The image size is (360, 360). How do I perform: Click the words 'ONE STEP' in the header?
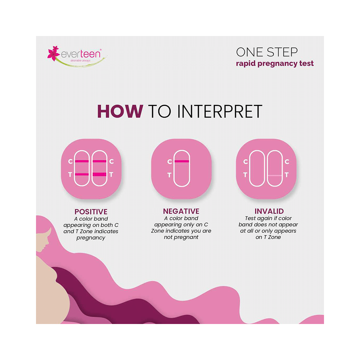point(267,52)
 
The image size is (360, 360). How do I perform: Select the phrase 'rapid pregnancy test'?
point(275,64)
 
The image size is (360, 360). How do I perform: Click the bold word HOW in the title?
point(120,112)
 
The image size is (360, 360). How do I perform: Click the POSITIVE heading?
point(91,212)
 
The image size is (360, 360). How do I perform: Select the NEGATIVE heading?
point(181,212)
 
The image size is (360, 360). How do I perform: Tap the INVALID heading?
point(269,211)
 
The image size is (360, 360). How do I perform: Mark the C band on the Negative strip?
point(182,161)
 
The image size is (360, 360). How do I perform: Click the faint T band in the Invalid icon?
point(275,175)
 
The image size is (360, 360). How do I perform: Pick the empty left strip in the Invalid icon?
point(257,168)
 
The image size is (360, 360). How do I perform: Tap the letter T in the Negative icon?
point(170,175)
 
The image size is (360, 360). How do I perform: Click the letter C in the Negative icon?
point(170,162)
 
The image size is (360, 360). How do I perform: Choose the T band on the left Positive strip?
point(82,175)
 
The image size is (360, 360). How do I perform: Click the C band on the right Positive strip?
point(99,161)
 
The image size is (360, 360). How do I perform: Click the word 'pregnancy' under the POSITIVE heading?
point(91,238)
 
